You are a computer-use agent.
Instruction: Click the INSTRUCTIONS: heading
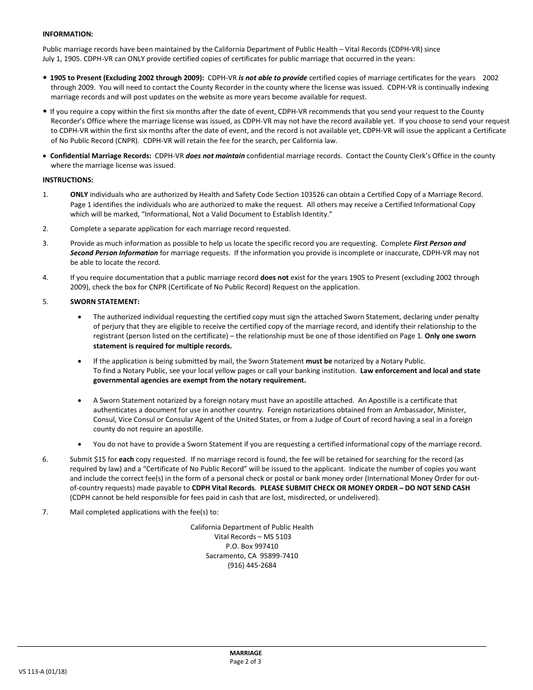[68, 180]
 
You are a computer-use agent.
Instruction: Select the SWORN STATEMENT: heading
[104, 302]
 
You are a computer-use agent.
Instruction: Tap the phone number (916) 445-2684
[252, 565]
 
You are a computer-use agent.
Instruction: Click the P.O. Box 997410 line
[252, 546]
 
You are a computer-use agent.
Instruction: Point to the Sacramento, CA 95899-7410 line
[252, 556]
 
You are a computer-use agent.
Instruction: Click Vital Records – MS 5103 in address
[252, 537]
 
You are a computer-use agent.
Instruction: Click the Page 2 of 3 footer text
[245, 661]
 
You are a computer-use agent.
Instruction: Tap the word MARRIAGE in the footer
[245, 653]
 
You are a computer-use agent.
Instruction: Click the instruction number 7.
[45, 512]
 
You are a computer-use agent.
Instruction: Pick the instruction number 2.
[45, 229]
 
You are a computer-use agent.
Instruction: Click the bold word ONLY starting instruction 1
[79, 195]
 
